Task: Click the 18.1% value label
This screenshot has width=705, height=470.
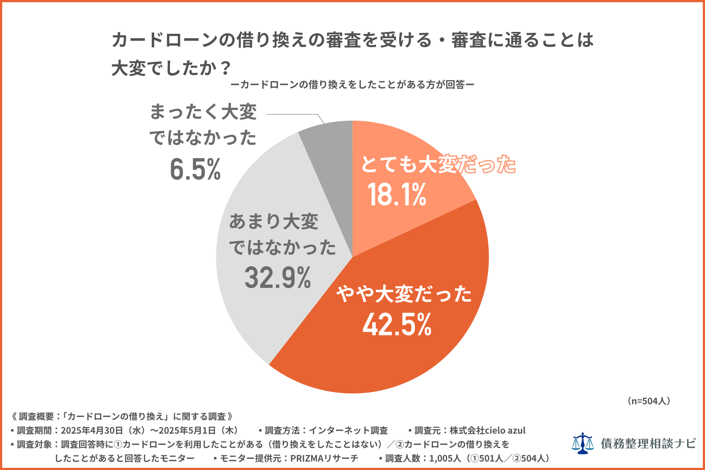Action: pos(397,195)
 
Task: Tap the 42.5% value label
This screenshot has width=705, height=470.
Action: pos(397,325)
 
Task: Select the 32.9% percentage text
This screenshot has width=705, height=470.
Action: pos(278,278)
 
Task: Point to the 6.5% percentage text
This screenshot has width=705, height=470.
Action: pos(195,169)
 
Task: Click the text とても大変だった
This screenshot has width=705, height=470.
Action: pos(438,164)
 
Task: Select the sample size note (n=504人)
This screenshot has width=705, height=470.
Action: pos(649,401)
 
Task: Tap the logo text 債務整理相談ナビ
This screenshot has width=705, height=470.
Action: pos(648,444)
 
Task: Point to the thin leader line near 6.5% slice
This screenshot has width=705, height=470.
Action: pos(294,114)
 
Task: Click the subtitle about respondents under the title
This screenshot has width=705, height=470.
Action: pos(352,85)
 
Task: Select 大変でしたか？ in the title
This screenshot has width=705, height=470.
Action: pos(171,68)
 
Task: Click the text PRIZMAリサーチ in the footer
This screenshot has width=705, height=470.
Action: pos(324,458)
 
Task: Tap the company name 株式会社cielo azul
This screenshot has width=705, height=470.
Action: pos(487,430)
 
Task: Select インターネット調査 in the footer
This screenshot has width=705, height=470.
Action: pos(348,430)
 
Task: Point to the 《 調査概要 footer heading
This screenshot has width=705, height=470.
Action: pos(33,416)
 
